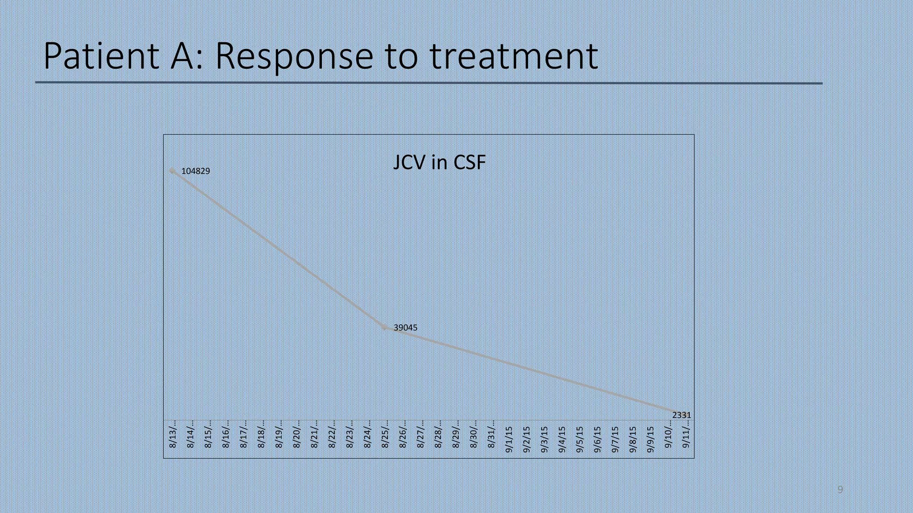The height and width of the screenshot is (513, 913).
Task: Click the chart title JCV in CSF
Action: click(x=439, y=163)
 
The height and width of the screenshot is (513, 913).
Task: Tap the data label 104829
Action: click(x=196, y=171)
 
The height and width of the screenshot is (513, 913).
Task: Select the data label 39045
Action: click(x=405, y=328)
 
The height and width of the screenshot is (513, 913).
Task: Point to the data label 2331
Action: click(x=681, y=415)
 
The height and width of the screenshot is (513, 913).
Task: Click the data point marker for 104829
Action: click(x=173, y=171)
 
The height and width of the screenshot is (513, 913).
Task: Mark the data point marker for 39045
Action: click(x=385, y=327)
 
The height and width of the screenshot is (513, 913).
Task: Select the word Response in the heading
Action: click(x=294, y=57)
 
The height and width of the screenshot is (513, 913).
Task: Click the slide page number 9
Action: click(x=840, y=490)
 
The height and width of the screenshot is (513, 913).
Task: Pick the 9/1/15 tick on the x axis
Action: click(x=509, y=440)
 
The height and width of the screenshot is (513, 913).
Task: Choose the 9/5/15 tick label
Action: click(x=580, y=440)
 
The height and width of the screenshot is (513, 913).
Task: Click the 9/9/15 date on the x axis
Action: click(x=650, y=440)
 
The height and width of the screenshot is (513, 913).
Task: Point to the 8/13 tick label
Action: click(x=173, y=434)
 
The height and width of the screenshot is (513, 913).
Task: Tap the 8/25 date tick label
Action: click(x=385, y=434)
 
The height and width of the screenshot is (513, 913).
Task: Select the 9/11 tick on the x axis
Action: click(x=686, y=434)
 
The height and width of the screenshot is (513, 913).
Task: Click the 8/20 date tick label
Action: click(x=296, y=434)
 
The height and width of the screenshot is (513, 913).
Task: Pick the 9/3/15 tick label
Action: click(x=544, y=440)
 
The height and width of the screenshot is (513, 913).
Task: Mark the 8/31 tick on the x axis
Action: click(x=491, y=434)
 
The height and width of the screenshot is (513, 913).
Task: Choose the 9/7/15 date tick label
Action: click(x=615, y=440)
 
